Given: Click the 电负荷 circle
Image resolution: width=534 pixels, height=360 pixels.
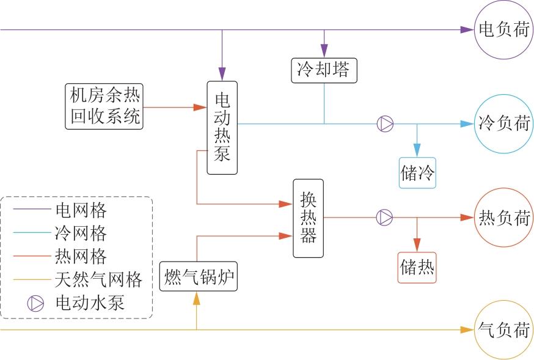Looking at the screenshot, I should coord(503,30).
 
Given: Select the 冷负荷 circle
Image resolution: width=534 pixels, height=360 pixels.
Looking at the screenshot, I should coord(503,123).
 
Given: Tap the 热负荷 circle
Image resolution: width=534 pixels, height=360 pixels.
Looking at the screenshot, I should coord(503,217).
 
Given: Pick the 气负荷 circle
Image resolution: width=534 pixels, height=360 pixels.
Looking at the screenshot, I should coord(503,330).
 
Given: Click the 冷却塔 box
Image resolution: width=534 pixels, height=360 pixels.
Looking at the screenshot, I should coord(323,70).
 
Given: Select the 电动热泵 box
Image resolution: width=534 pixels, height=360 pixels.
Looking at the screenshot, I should coord(222,128).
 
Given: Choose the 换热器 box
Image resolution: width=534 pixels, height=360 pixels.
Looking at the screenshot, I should coord(309,218).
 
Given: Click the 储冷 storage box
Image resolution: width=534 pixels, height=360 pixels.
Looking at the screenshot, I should coord(418,173).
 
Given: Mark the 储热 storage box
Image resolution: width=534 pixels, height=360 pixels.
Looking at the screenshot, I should coord(418,266).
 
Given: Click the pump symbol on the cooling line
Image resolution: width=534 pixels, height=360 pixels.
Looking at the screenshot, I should coord(385,123).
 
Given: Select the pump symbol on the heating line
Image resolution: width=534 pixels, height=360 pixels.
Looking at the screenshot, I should coord(384,217).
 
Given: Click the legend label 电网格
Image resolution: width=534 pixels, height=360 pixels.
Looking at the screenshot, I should coord(81,211).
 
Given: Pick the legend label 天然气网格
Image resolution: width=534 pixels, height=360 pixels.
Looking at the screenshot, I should coord(98,279).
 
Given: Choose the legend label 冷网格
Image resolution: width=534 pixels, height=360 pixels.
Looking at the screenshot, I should coord(81,233).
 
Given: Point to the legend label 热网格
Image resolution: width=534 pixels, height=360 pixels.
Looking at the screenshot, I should coord(81,256).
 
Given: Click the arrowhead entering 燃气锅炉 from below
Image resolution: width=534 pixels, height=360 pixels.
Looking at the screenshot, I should coord(197,298).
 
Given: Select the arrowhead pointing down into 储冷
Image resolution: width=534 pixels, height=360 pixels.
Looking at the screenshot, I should coord(417,150).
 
